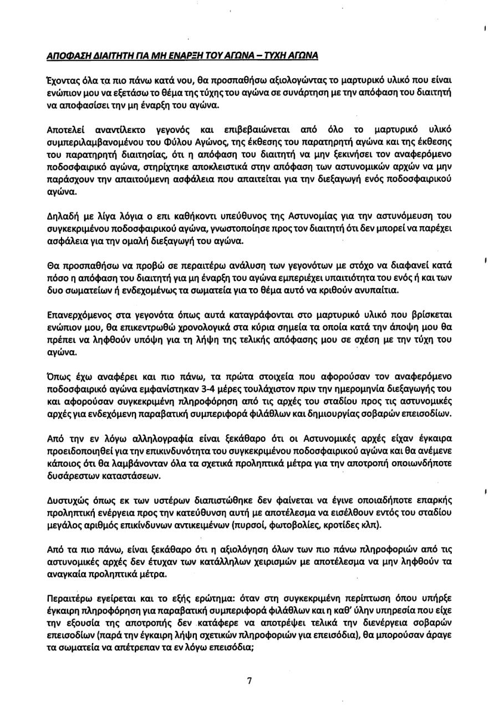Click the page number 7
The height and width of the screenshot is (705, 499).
coord(249,681)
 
